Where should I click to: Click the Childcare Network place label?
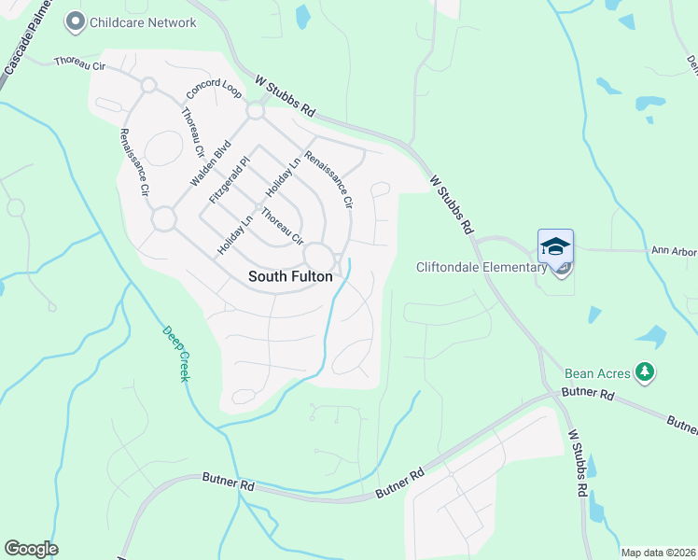click(143, 22)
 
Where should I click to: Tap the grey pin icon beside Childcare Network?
click(75, 21)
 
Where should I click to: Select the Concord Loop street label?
click(215, 90)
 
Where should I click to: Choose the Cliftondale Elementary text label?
click(481, 268)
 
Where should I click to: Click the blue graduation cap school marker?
click(555, 247)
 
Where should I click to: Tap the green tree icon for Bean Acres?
click(644, 373)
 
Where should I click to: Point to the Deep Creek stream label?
click(175, 353)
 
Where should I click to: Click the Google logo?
click(31, 549)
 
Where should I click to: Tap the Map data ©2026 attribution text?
click(658, 553)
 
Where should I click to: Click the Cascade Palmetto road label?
click(27, 40)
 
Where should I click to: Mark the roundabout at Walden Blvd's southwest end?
click(164, 219)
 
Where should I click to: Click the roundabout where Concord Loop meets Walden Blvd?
click(255, 112)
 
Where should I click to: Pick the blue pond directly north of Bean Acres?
click(651, 336)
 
